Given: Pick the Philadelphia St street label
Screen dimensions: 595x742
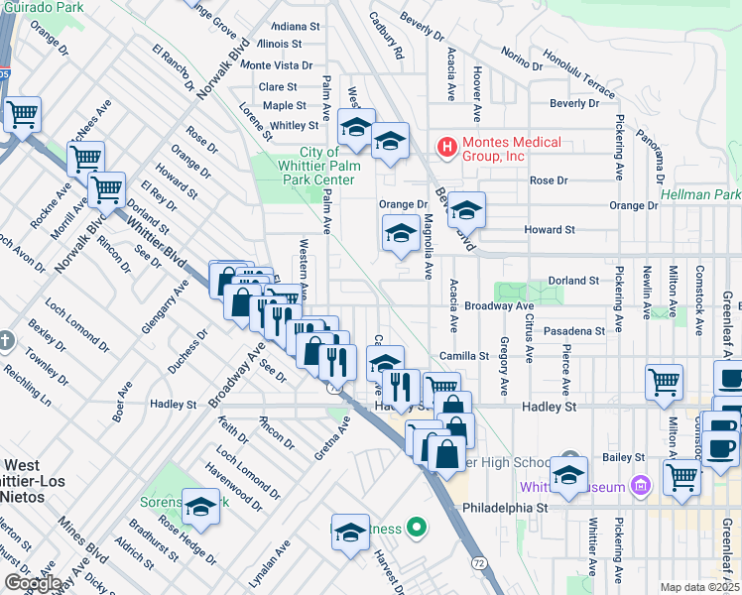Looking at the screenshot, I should [506, 506].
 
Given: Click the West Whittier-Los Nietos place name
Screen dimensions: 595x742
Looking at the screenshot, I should [36, 472].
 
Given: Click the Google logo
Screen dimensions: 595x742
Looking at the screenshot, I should [32, 583].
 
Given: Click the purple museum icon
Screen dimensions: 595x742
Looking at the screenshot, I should [641, 486].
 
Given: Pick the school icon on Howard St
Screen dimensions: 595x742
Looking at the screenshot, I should [465, 211].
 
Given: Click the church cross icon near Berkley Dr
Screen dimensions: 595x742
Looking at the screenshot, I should [6, 341].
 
